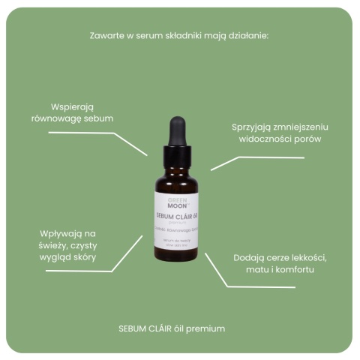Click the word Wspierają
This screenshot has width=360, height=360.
pos(72,106)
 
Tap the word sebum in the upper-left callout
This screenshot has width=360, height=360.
pos(99,119)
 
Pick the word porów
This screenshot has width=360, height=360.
pos(284,139)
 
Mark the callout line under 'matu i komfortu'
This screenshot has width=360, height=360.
pos(262,286)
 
